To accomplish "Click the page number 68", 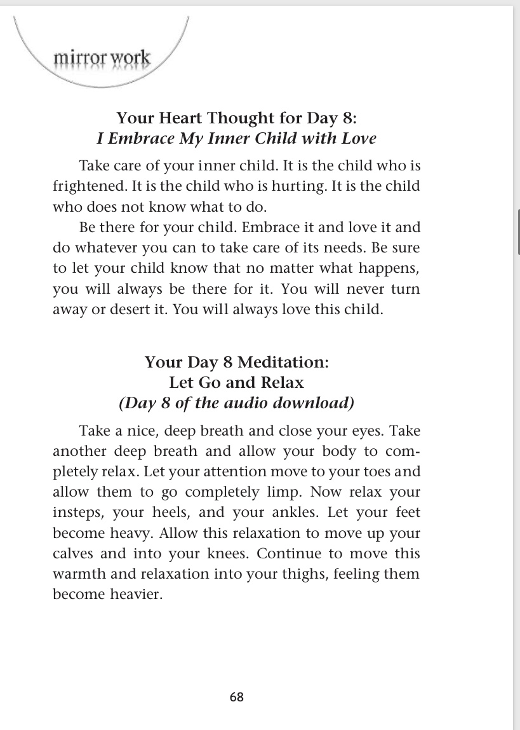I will [x=236, y=697].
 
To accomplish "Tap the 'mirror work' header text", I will [x=102, y=59].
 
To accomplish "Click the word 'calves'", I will [x=72, y=553].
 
